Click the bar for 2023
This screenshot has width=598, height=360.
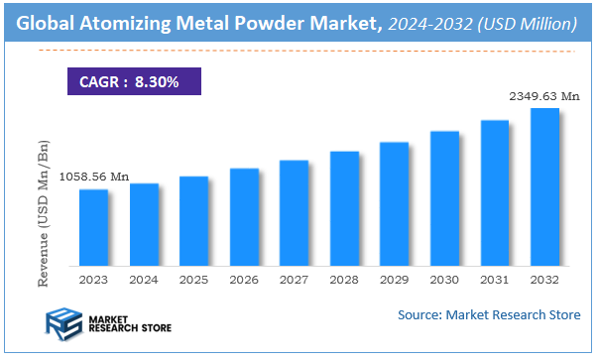(93, 227)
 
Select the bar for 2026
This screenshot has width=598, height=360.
(244, 216)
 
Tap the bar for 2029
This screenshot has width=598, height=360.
(395, 203)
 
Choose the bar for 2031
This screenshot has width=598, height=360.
(495, 192)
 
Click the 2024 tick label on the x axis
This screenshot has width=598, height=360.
(144, 281)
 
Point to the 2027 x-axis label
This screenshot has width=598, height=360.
(294, 281)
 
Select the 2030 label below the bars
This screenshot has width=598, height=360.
(444, 281)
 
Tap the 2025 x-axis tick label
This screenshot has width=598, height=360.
(193, 281)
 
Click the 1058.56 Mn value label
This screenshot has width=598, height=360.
(93, 177)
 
